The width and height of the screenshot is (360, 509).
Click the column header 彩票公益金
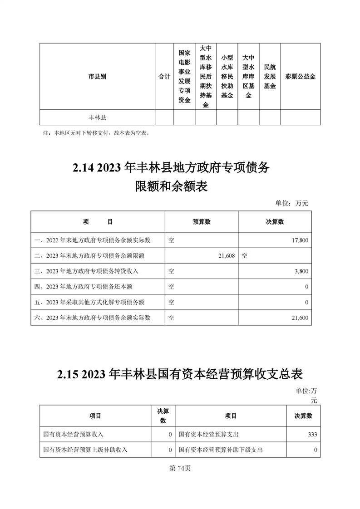pyautogui.click(x=300, y=77)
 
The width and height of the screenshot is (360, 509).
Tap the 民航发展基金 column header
pyautogui.click(x=270, y=76)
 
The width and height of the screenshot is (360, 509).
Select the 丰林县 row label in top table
pyautogui.click(x=97, y=117)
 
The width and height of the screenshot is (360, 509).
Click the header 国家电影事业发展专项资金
pyautogui.click(x=184, y=76)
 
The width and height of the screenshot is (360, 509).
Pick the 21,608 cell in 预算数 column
pyautogui.click(x=226, y=256)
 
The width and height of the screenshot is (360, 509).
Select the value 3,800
pyautogui.click(x=301, y=271)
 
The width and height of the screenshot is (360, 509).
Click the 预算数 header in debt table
pyautogui.click(x=202, y=222)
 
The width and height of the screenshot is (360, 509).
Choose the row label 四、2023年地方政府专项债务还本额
pyautogui.click(x=84, y=287)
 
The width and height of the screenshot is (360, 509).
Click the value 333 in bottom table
pyautogui.click(x=312, y=435)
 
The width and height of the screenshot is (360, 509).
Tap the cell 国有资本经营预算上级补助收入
pyautogui.click(x=85, y=450)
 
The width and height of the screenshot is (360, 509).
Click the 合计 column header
pyautogui.click(x=164, y=77)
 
